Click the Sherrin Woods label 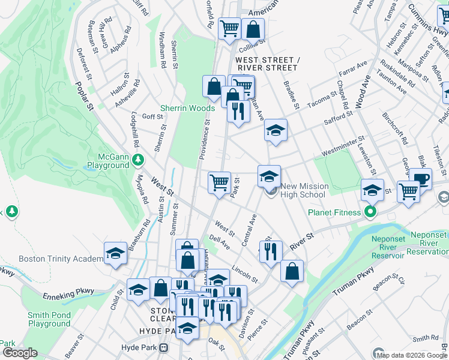click(x=187, y=108)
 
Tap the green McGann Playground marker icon click(x=139, y=160)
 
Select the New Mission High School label click(x=303, y=190)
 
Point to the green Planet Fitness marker click(x=370, y=212)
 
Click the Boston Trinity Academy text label click(x=61, y=259)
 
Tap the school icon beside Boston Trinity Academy click(x=115, y=253)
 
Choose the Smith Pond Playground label click(x=49, y=319)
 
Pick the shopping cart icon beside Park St click(x=219, y=181)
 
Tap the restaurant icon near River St click(x=271, y=250)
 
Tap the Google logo click(x=20, y=353)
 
